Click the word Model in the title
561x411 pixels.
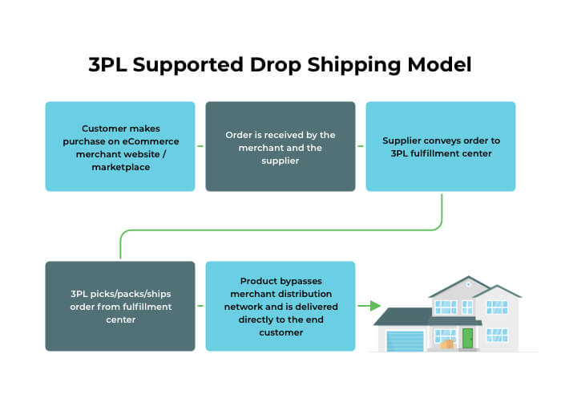(439, 65)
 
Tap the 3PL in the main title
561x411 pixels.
(107, 65)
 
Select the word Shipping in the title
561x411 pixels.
(354, 66)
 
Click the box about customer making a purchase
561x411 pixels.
(120, 146)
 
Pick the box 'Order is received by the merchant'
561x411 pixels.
(280, 146)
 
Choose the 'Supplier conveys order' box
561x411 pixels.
(441, 146)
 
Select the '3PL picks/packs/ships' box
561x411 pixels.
(120, 306)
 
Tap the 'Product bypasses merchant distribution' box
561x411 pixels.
(280, 306)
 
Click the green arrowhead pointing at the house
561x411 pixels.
(375, 306)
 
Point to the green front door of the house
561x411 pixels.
(467, 338)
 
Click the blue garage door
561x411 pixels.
(405, 341)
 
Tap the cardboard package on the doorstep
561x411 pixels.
(447, 344)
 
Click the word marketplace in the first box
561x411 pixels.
(121, 167)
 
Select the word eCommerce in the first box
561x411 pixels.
(151, 141)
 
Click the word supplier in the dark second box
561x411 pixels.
(280, 161)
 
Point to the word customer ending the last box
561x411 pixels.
(280, 333)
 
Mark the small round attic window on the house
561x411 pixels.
(468, 284)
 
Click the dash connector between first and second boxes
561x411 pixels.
(200, 146)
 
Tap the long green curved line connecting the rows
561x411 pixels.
(280, 230)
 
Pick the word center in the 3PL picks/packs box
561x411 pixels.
(120, 320)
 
